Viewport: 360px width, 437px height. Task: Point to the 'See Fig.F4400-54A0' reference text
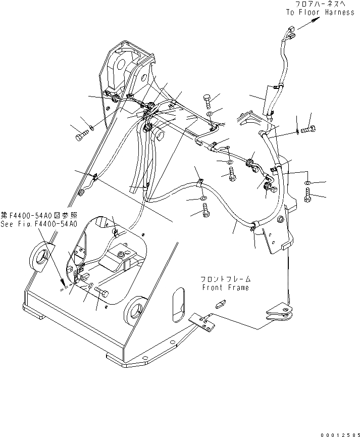click(39, 224)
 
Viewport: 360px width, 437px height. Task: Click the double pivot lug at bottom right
click(278, 313)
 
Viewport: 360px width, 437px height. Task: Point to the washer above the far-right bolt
click(308, 181)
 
